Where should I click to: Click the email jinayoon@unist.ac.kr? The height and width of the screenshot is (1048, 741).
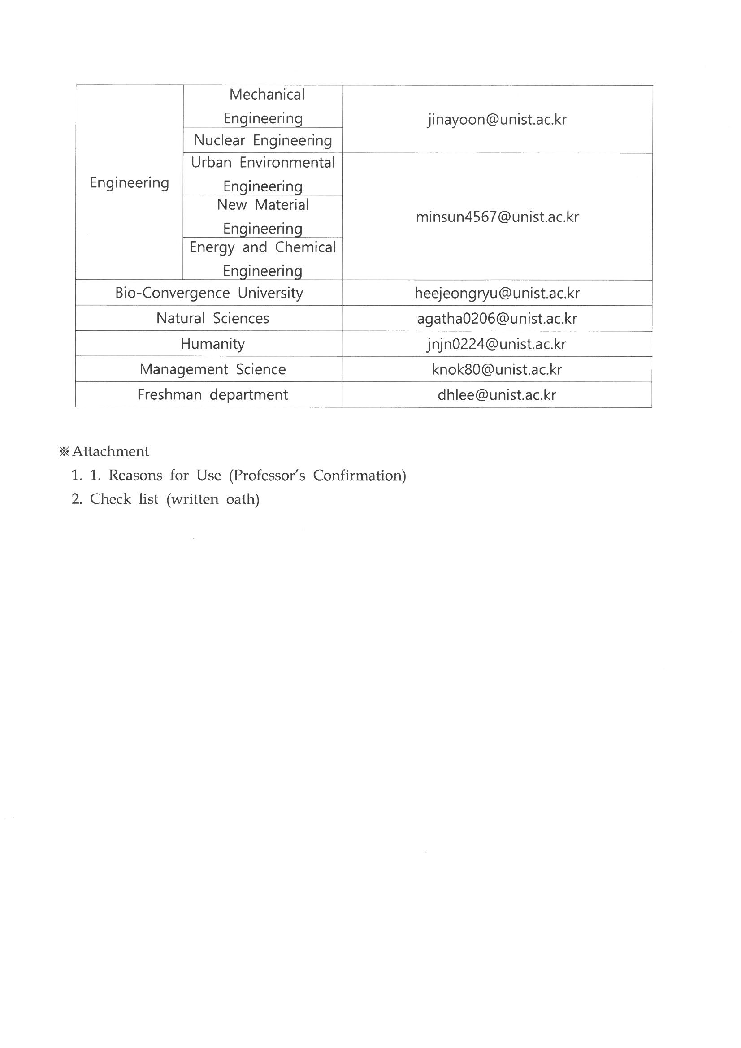[x=497, y=120]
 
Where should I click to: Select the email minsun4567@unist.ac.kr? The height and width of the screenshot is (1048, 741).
[x=497, y=217]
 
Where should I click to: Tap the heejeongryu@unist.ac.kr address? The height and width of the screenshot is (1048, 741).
[x=497, y=293]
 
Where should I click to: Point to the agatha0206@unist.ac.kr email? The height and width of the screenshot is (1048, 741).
[x=497, y=319]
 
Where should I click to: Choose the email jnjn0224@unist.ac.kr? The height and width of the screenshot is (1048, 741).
[x=497, y=344]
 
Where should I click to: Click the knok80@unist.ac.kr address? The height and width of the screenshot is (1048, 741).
[x=497, y=369]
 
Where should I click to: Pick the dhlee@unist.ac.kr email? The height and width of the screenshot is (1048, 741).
[x=497, y=395]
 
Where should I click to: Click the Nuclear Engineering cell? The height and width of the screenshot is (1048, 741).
[x=263, y=140]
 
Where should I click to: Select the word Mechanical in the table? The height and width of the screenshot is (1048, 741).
[x=267, y=95]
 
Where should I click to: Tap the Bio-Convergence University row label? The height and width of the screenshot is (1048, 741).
[x=209, y=293]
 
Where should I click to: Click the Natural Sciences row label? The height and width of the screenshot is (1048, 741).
[x=213, y=319]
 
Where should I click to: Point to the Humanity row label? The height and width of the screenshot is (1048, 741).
[x=213, y=344]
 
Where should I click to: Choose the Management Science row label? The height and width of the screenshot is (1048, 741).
[x=213, y=369]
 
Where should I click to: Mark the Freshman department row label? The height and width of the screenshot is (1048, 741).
[x=213, y=395]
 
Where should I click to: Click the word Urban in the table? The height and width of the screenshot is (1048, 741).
[x=211, y=163]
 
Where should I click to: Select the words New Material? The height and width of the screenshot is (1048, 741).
[x=263, y=205]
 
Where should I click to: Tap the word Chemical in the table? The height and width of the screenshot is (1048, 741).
[x=305, y=247]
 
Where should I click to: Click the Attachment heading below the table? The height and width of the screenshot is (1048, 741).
[x=110, y=451]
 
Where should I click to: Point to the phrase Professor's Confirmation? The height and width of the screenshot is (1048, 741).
[x=318, y=476]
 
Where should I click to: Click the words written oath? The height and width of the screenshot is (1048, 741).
[x=213, y=499]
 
